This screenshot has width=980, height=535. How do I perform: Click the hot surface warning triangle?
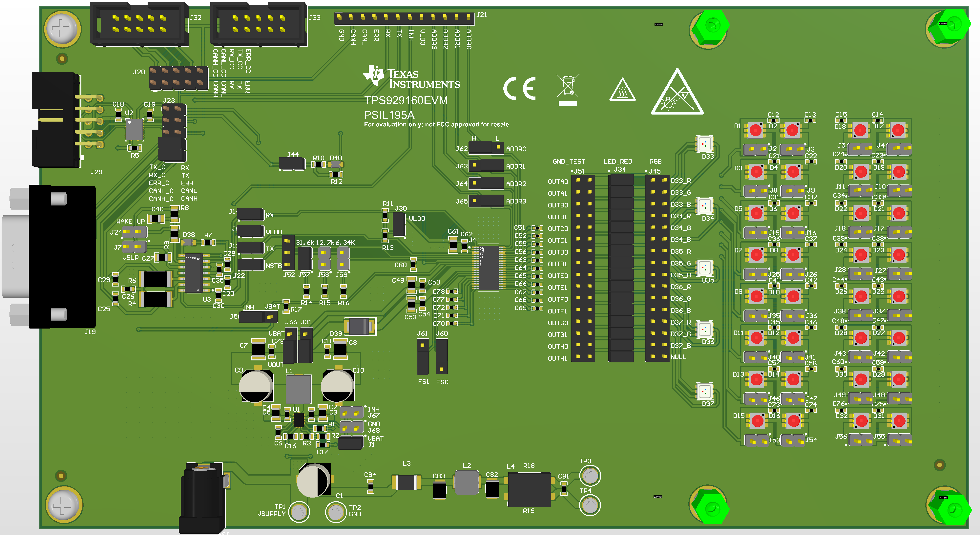click(622, 91)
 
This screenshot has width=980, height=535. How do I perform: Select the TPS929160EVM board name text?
click(406, 100)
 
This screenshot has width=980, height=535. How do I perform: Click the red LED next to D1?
click(756, 130)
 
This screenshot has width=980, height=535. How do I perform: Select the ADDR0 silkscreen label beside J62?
click(516, 149)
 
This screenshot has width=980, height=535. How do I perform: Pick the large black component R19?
click(529, 489)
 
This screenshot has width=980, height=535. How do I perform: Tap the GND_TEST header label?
click(569, 161)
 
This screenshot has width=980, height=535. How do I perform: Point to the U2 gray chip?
click(134, 129)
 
